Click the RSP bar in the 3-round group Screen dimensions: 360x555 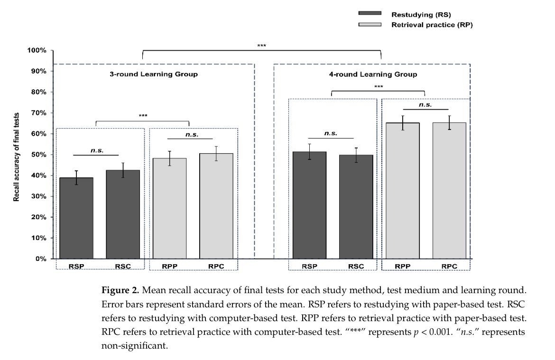tap(76, 218)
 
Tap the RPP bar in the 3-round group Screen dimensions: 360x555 tap(169, 209)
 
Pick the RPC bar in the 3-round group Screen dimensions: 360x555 tap(216, 206)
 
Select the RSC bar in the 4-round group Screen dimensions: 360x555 tap(356, 207)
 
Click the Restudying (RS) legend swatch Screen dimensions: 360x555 tap(370, 14)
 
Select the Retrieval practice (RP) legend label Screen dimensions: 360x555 tap(432, 25)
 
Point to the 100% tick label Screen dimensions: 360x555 tap(36, 50)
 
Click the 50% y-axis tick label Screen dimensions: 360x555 tap(37, 155)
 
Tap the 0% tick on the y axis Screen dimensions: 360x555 tap(39, 259)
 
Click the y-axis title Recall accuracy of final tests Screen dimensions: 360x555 tap(17, 157)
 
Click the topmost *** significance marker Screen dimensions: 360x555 tap(261, 46)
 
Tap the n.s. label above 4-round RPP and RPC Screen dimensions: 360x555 tap(425, 105)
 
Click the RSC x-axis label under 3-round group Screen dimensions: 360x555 tap(123, 266)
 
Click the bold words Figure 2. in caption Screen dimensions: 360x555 tap(120, 290)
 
